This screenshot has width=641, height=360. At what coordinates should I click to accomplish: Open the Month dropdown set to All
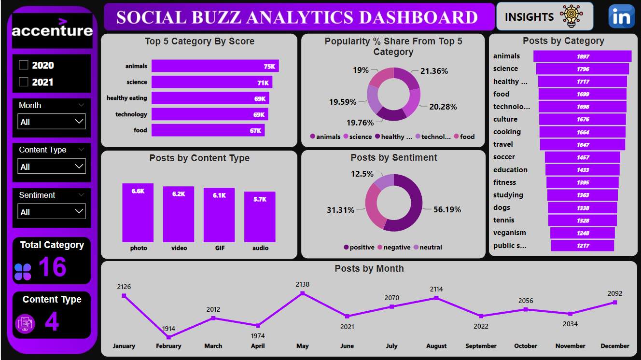52,122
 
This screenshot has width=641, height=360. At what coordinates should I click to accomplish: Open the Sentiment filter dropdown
52,211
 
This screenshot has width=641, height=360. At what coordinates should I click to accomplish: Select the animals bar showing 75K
215,66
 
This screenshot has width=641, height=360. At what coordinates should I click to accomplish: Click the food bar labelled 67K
208,130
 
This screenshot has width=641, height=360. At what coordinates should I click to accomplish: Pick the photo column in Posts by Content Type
138,212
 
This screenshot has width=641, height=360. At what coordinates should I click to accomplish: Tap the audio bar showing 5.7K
260,217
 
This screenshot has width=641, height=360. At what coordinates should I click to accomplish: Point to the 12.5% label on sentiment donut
362,174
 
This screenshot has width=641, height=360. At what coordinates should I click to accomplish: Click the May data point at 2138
303,293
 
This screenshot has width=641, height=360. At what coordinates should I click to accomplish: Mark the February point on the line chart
168,337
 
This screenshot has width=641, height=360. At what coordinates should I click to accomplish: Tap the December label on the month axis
614,346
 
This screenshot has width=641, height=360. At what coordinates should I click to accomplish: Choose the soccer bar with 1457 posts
583,157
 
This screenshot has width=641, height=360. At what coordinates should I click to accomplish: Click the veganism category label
510,233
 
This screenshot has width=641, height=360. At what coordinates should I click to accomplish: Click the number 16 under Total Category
52,267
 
